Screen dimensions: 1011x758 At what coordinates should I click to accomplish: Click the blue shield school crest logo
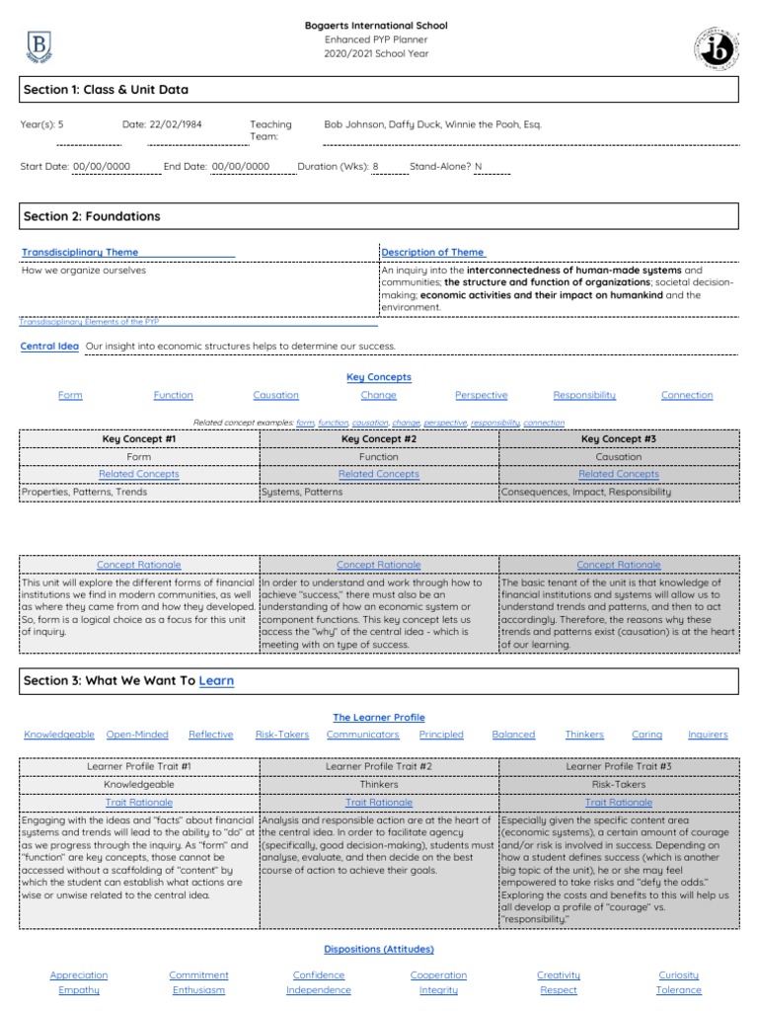(x=40, y=45)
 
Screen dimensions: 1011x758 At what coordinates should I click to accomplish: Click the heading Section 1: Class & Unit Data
(x=106, y=90)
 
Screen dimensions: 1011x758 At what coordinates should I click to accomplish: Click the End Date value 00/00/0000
(x=241, y=167)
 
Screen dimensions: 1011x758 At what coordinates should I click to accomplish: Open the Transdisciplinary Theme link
(x=80, y=253)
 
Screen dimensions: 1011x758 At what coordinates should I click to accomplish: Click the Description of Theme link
(x=432, y=253)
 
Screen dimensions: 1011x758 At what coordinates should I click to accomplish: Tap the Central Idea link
(x=49, y=347)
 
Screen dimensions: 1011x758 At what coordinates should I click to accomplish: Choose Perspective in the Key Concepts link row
(x=481, y=395)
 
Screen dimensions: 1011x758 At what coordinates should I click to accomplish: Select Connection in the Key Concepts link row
(x=686, y=395)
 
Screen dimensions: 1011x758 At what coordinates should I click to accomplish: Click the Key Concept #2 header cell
(x=379, y=439)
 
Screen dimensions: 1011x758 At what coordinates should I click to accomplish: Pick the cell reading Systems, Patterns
(x=302, y=491)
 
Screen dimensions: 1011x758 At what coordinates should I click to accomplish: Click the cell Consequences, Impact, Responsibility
(x=586, y=491)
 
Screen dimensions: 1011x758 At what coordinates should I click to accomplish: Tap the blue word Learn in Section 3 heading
(x=216, y=681)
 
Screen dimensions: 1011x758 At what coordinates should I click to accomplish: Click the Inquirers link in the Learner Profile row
(x=707, y=735)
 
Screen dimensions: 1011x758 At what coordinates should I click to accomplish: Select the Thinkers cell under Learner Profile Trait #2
(x=379, y=785)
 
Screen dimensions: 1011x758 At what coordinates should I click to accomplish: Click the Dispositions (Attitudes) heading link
(x=379, y=950)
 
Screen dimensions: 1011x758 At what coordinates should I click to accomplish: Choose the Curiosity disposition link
(x=679, y=975)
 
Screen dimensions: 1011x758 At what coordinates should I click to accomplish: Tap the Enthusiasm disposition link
(x=198, y=990)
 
